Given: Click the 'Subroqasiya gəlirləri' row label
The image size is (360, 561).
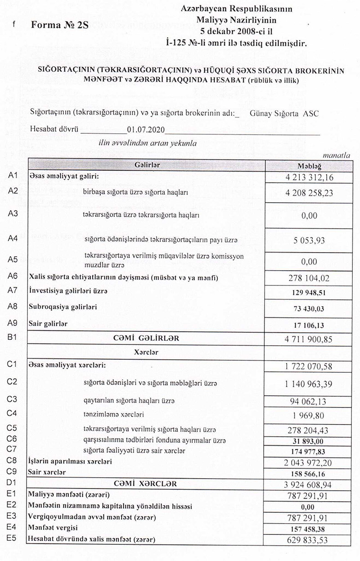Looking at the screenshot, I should coord(63,307).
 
